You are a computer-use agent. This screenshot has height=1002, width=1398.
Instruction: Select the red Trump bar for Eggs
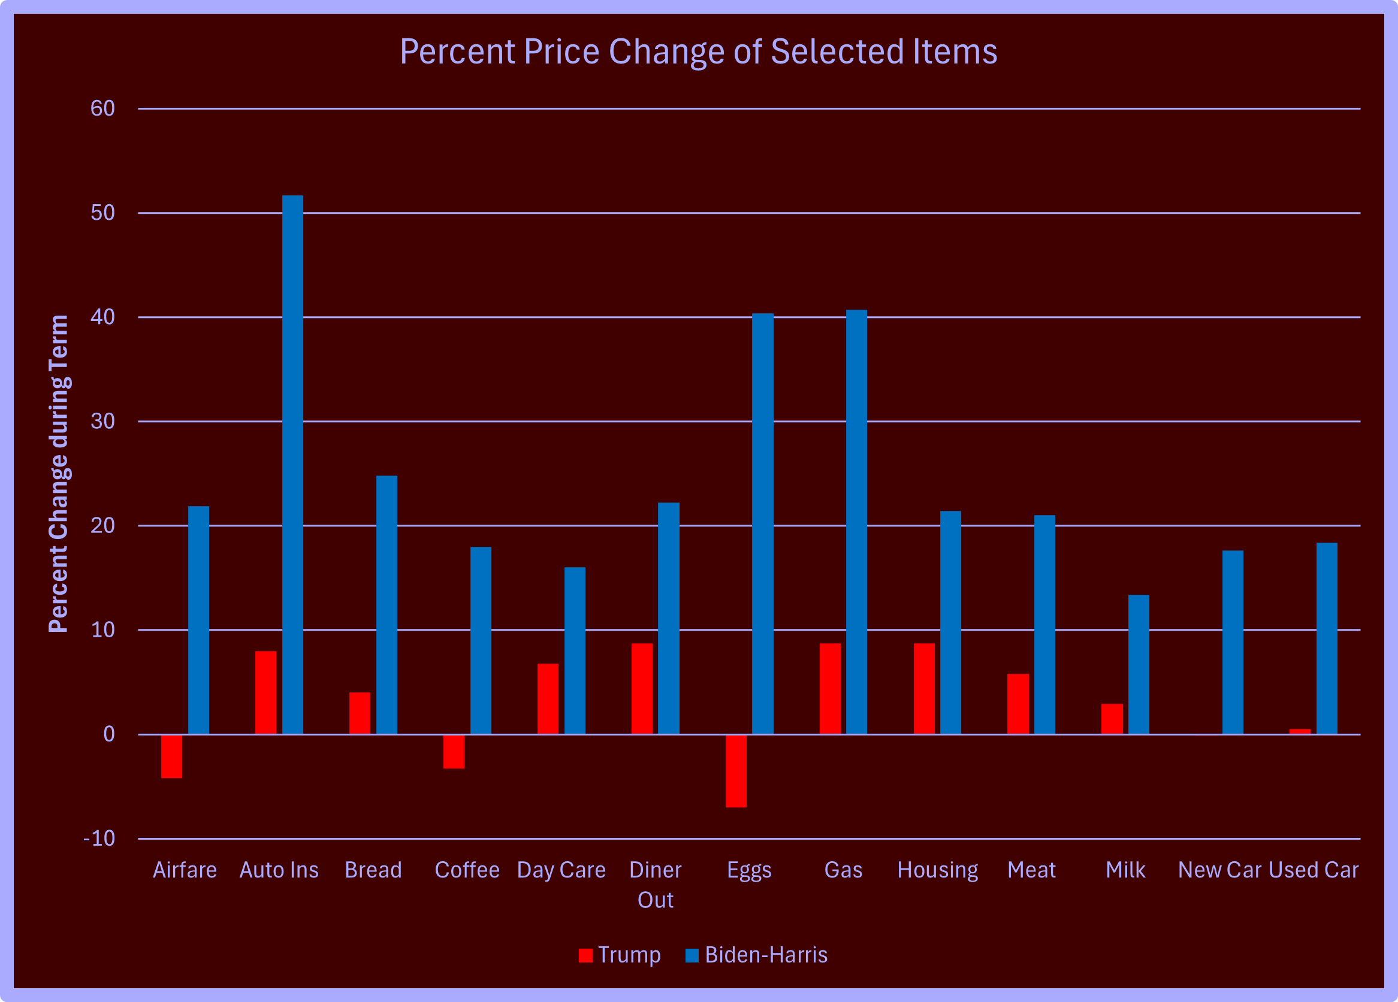[x=736, y=770]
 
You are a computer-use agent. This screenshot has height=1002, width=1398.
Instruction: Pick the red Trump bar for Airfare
[x=171, y=756]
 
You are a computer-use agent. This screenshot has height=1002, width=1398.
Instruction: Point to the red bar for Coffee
[x=454, y=751]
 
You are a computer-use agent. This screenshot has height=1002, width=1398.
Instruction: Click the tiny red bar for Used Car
[x=1300, y=731]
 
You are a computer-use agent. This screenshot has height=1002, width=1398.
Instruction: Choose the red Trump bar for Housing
[x=924, y=688]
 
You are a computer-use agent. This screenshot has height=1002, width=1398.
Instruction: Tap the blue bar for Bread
[x=387, y=604]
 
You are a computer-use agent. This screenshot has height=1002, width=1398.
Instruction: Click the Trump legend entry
[x=620, y=955]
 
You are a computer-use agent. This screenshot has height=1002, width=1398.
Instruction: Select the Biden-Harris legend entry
[x=756, y=955]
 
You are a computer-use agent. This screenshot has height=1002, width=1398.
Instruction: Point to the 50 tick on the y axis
[x=103, y=213]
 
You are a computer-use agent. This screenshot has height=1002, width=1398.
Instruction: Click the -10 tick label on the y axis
[x=99, y=838]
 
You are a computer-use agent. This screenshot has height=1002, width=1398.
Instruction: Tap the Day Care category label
[x=561, y=870]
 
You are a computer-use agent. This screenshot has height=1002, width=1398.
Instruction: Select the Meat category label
[x=1031, y=870]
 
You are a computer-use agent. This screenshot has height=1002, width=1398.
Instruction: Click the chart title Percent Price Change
[x=698, y=51]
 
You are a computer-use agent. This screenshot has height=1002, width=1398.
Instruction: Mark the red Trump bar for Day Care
[x=547, y=699]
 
